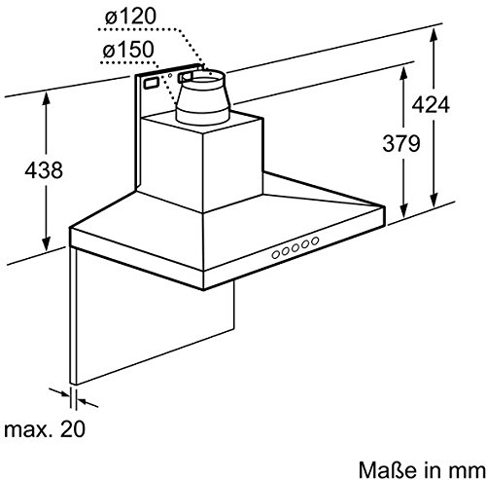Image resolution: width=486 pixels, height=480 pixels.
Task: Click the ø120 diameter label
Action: click(x=130, y=16)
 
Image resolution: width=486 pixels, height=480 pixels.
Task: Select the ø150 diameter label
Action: click(x=128, y=50)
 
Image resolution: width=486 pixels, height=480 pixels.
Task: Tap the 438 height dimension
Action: click(x=44, y=170)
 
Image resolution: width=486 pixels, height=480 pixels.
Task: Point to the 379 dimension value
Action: click(x=401, y=143)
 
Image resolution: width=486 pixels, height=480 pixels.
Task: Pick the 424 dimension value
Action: click(x=431, y=104)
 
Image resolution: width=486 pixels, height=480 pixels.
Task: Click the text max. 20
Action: click(x=45, y=429)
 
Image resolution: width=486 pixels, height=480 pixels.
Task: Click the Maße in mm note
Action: click(x=422, y=469)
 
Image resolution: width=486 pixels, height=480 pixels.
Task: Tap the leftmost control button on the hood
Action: click(x=276, y=255)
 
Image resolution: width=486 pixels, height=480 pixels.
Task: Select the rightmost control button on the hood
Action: click(x=315, y=240)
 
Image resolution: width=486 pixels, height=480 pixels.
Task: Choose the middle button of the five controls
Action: click(x=295, y=248)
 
